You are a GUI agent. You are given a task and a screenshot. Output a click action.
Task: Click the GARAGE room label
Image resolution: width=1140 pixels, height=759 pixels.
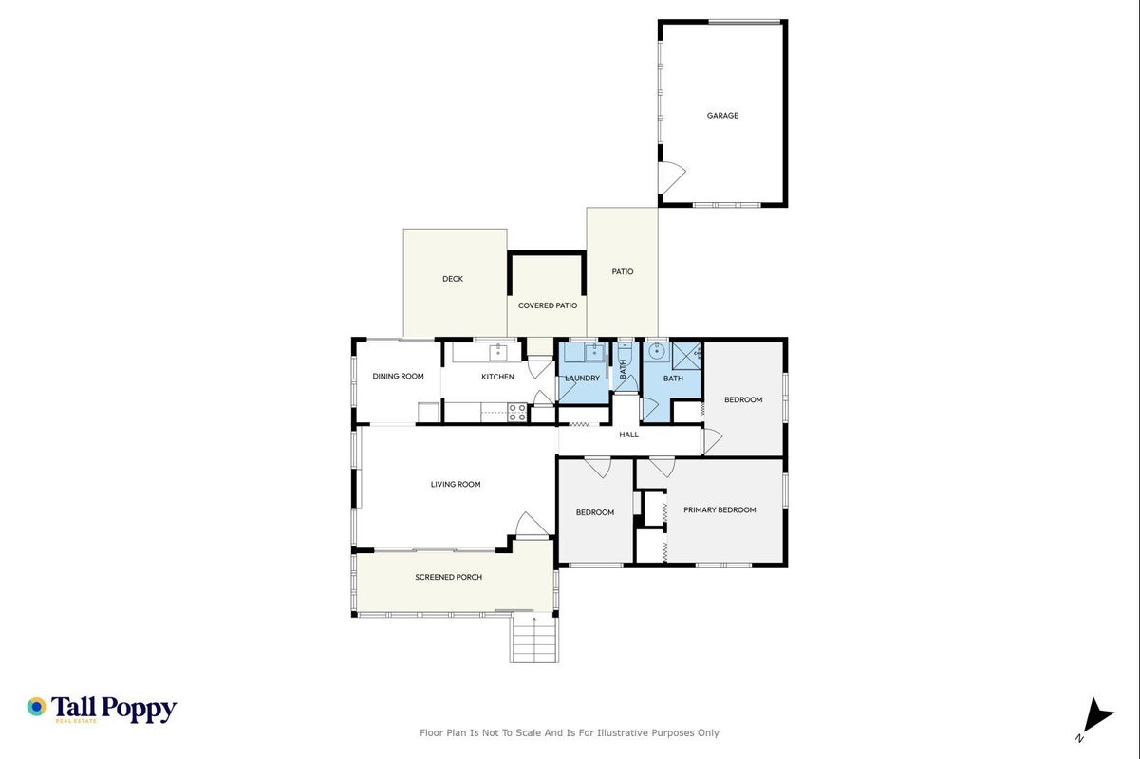(722, 116)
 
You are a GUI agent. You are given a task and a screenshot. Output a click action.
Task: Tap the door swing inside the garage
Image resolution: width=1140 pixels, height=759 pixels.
(673, 177)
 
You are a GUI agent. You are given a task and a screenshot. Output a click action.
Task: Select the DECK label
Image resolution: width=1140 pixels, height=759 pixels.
(453, 279)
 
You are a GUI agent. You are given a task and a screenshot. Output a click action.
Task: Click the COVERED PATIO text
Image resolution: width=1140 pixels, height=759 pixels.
(548, 305)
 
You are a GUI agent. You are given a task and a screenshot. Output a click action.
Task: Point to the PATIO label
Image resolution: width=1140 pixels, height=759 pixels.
(623, 271)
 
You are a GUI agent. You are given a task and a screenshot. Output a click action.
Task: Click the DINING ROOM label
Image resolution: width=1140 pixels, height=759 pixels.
(398, 377)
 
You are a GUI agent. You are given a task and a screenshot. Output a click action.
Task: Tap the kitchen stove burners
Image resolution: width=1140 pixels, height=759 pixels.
(517, 412)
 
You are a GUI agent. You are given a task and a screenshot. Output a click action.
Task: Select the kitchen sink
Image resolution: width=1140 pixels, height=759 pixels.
(497, 352)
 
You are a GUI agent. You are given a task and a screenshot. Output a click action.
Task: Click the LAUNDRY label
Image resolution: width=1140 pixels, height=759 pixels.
(582, 379)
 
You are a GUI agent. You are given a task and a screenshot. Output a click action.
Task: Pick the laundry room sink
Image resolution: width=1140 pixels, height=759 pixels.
(594, 352)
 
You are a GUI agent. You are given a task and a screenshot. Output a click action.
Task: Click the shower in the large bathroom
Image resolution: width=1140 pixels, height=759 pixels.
(686, 356)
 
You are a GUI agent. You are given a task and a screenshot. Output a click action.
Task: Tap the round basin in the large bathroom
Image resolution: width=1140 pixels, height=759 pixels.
(657, 352)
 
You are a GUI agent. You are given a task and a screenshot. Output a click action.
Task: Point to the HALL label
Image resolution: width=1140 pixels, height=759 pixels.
(629, 435)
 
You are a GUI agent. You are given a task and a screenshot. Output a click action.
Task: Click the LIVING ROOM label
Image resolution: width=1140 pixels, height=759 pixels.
(456, 484)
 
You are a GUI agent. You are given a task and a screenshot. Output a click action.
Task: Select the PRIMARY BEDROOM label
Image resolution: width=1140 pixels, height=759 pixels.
(720, 509)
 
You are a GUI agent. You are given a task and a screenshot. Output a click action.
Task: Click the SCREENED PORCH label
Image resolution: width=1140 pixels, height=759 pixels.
(448, 577)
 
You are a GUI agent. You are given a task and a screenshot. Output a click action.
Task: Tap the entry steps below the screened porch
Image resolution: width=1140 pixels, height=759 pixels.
(534, 638)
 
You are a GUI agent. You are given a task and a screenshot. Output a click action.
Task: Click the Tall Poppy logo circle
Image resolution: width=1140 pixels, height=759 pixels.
(37, 707)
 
